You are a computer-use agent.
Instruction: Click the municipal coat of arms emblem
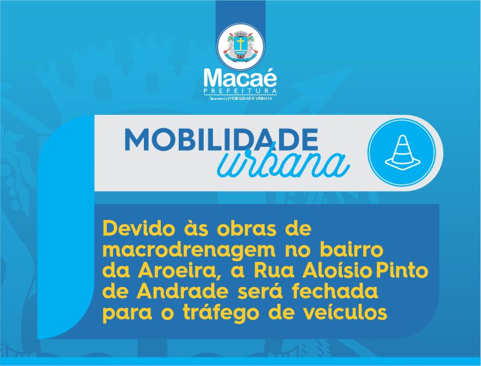point(240,47)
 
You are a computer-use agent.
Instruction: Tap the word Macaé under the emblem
point(240,79)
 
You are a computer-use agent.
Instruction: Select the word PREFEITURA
point(240,91)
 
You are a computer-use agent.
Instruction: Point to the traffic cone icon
point(402,153)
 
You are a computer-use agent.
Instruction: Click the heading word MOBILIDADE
point(221,140)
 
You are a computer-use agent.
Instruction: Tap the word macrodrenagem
point(189,251)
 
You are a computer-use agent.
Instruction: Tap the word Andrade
point(183,291)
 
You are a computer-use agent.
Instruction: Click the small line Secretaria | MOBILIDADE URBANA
point(240,99)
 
